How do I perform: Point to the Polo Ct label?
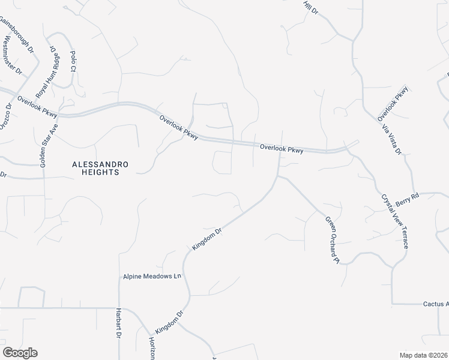73,61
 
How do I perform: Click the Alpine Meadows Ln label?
152,276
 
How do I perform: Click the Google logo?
20,353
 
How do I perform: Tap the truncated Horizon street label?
152,347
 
